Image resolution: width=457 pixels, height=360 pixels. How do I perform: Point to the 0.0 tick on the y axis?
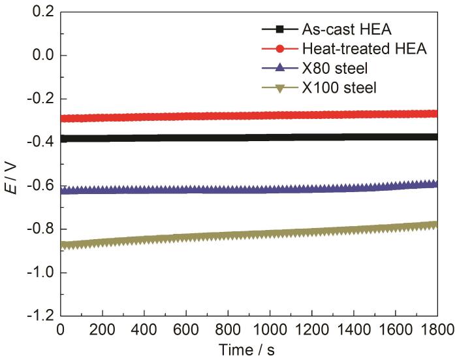click(42, 56)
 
